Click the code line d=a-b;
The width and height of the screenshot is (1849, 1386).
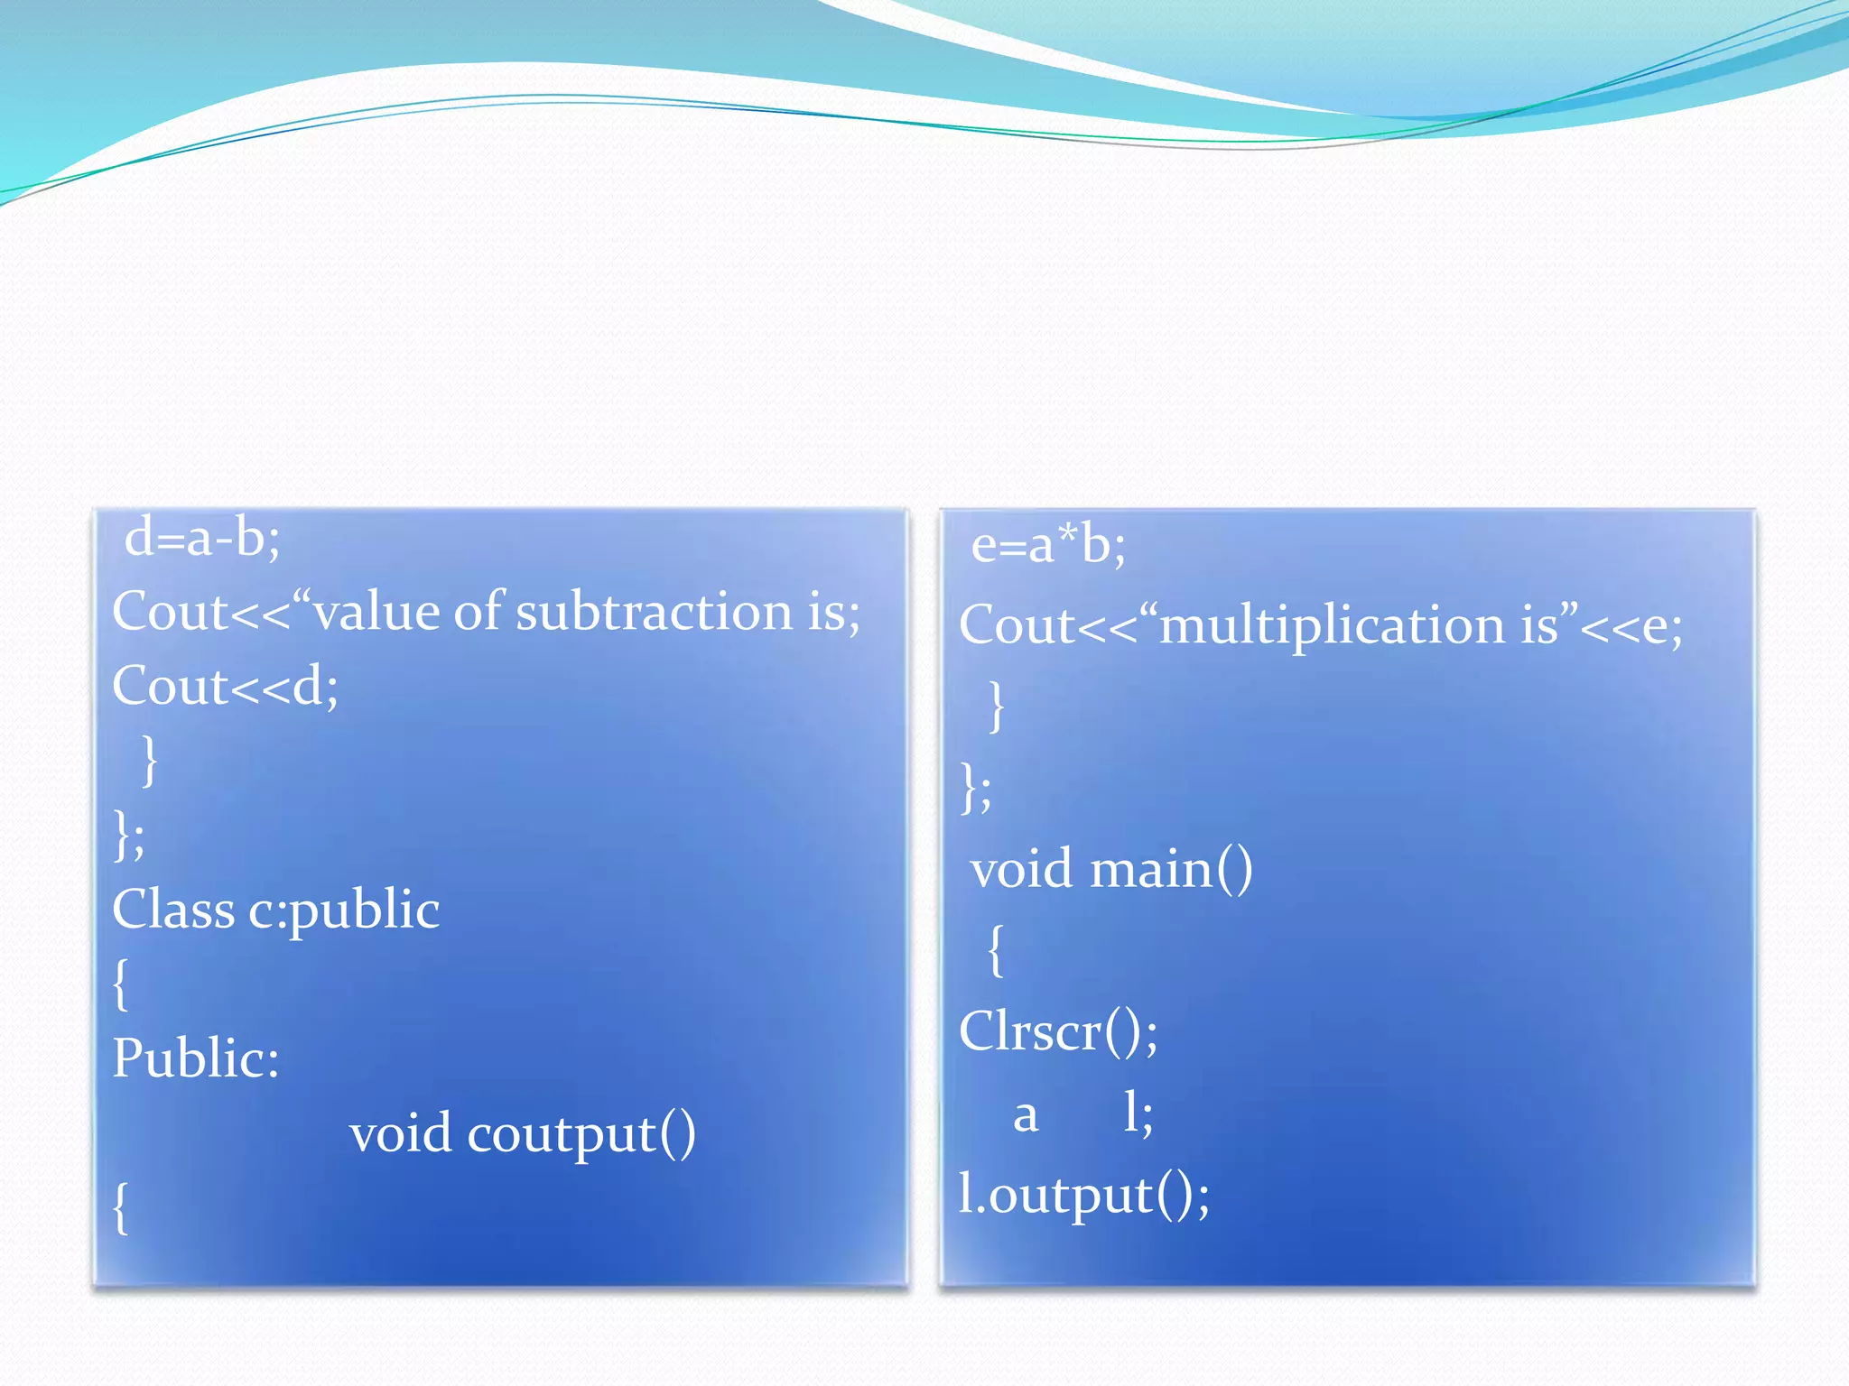pyautogui.click(x=202, y=539)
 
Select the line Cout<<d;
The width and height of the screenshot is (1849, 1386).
pyautogui.click(x=226, y=687)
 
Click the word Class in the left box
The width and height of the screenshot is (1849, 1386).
pyautogui.click(x=173, y=909)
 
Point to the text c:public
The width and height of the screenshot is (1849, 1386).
pyautogui.click(x=344, y=910)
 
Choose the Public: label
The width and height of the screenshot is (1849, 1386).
pyautogui.click(x=196, y=1058)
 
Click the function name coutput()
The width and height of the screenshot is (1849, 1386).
pyautogui.click(x=581, y=1134)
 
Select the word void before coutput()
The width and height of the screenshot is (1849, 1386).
pyautogui.click(x=400, y=1133)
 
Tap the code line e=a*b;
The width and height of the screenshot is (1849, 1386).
pyautogui.click(x=1048, y=546)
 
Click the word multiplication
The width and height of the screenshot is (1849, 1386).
pyautogui.click(x=1331, y=625)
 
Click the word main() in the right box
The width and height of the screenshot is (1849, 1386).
pyautogui.click(x=1171, y=870)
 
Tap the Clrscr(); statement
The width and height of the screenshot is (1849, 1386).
pyautogui.click(x=1058, y=1031)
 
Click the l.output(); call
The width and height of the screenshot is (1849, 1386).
pyautogui.click(x=1083, y=1195)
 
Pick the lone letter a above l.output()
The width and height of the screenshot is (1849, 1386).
pyautogui.click(x=1026, y=1115)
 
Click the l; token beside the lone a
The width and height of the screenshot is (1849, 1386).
pyautogui.click(x=1138, y=1113)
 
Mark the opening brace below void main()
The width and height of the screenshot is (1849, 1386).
pyautogui.click(x=995, y=949)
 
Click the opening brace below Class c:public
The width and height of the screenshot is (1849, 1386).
pyautogui.click(x=121, y=984)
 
